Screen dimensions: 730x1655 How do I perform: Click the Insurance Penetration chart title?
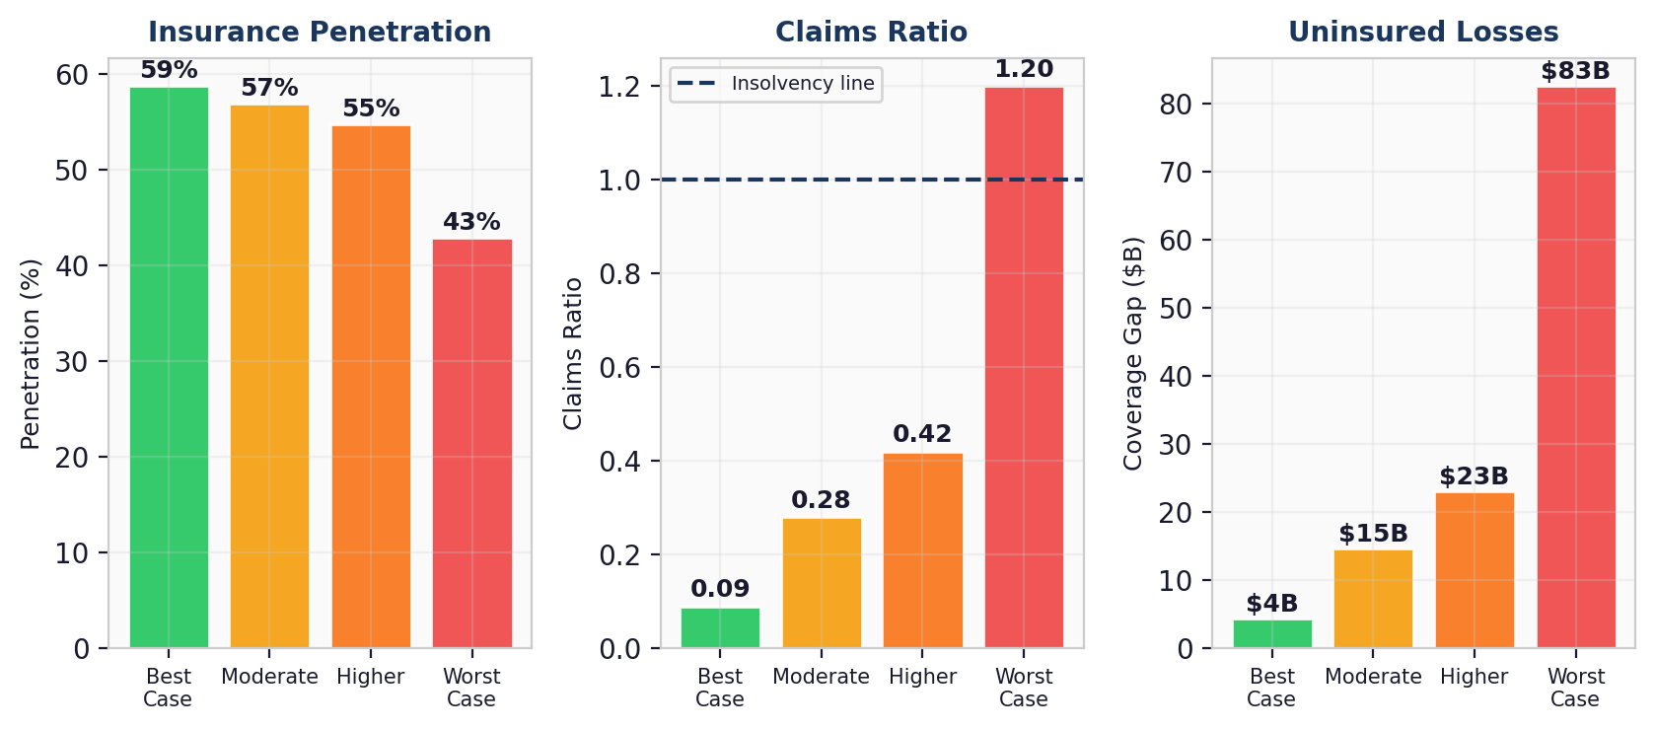pos(320,32)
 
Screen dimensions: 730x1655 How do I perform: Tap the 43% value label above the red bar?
pos(471,222)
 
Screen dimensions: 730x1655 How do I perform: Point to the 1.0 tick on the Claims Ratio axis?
pos(619,181)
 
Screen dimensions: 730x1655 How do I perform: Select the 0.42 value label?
pos(922,434)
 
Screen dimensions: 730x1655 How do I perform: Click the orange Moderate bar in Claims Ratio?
pos(822,583)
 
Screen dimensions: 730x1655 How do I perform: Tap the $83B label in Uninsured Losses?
pos(1575,71)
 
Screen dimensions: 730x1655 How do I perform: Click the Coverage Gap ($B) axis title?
pos(1133,353)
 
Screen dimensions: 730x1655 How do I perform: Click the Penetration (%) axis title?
pos(31,353)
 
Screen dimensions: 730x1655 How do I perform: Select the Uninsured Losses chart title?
pos(1423,32)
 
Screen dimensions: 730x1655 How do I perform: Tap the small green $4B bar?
pos(1272,633)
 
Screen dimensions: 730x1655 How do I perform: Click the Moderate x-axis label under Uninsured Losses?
pos(1373,677)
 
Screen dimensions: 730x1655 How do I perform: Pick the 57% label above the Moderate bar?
pos(269,88)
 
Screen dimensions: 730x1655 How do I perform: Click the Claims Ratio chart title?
pos(871,32)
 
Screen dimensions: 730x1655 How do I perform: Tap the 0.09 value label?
pos(720,589)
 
